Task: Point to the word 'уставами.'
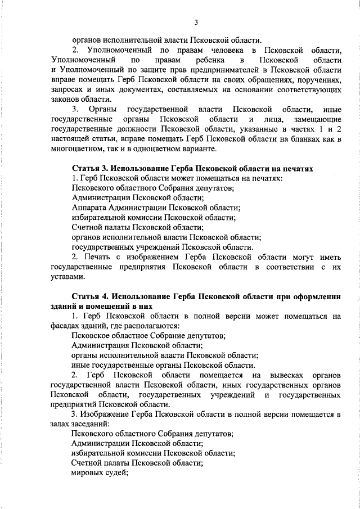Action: click(67, 276)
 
